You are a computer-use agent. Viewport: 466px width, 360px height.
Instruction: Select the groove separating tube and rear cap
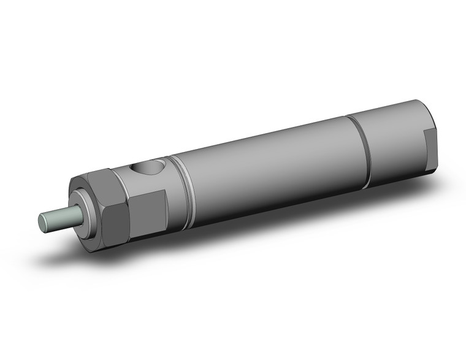point(362,147)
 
